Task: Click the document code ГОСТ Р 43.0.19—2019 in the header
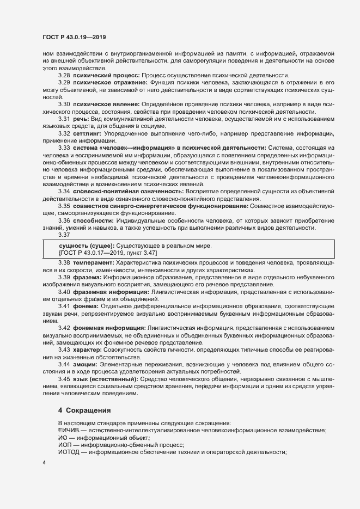click(x=74, y=37)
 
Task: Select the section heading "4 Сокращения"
click(x=84, y=409)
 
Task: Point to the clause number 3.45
click(x=64, y=378)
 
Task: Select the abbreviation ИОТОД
click(x=69, y=452)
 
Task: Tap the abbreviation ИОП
click(x=65, y=445)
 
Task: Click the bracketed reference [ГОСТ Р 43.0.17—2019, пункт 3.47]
click(x=111, y=253)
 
